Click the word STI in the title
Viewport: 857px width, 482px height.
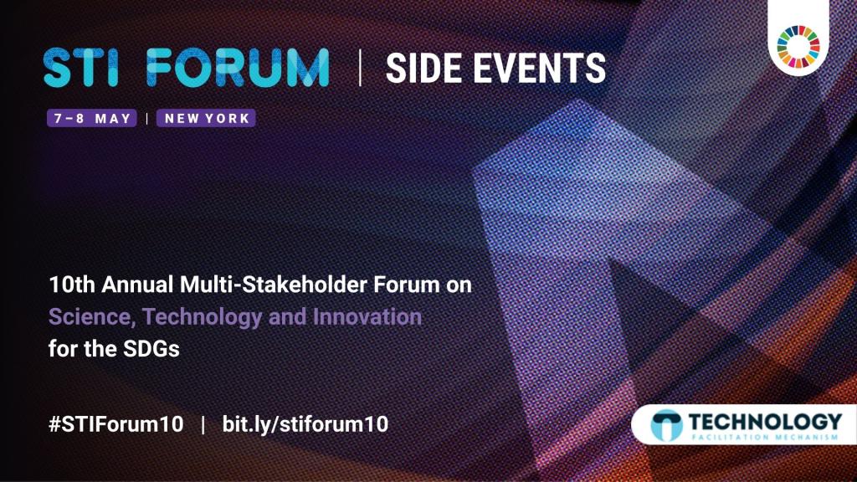pos(81,68)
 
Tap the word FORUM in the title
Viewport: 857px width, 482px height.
pos(238,68)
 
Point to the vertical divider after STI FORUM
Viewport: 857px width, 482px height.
pos(360,68)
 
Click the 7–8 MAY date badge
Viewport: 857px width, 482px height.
pos(92,119)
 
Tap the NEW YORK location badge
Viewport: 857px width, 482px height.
pos(206,119)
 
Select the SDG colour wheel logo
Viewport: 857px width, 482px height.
pos(798,47)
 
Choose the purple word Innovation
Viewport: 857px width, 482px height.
pos(367,317)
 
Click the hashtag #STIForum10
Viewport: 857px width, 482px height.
pos(115,424)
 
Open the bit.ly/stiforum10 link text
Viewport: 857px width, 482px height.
pos(305,424)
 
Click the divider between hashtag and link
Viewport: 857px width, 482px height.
pos(203,424)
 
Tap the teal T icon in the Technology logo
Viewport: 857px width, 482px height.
pos(667,425)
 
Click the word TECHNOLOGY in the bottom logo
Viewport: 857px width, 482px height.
pos(765,422)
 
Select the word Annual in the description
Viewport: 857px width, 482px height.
pos(138,285)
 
